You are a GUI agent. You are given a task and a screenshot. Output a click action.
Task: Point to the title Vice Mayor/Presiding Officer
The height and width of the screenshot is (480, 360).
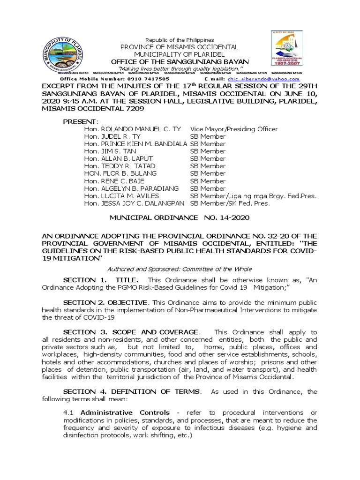233,129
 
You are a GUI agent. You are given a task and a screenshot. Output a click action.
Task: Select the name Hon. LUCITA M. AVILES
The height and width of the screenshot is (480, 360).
121,196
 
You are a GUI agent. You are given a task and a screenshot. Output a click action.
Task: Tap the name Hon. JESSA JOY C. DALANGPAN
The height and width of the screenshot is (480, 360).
135,203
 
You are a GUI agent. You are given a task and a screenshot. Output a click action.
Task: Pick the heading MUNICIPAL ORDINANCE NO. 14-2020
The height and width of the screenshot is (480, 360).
180,218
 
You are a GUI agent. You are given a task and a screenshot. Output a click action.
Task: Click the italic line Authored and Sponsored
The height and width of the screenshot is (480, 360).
180,269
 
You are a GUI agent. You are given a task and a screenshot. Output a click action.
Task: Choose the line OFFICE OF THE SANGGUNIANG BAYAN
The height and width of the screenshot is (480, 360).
180,62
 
